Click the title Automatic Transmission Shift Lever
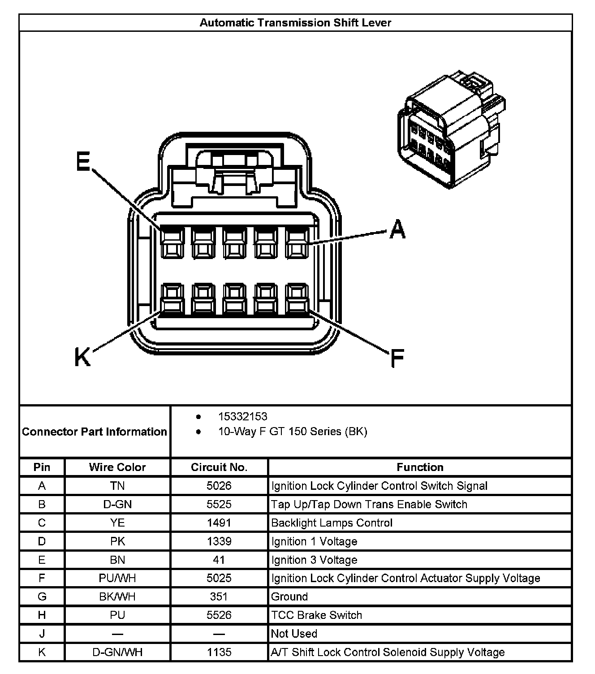[x=295, y=23]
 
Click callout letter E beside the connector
[x=83, y=161]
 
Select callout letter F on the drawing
[x=397, y=358]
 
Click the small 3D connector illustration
[x=452, y=130]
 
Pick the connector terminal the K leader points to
[x=172, y=298]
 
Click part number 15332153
[x=242, y=416]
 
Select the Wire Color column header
[x=117, y=467]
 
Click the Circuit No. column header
[x=219, y=467]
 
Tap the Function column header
[x=420, y=467]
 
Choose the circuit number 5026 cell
[x=219, y=486]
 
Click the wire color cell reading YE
[x=117, y=523]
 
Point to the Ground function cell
[x=289, y=596]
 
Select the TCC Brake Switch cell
[x=316, y=615]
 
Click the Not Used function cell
[x=294, y=634]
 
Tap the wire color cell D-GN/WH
[x=117, y=652]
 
